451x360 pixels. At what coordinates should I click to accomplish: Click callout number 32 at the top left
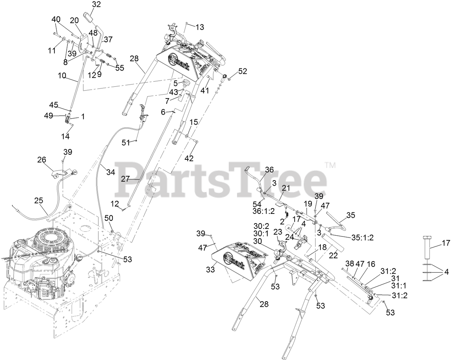pos(86,4)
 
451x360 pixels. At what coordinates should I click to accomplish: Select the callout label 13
pos(200,27)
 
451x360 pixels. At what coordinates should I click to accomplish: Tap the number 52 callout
pos(243,71)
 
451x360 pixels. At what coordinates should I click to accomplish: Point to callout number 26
pos(42,159)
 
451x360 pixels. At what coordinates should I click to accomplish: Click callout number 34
pos(110,172)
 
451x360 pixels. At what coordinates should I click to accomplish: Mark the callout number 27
pos(125,179)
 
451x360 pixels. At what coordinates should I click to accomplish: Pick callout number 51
pos(125,143)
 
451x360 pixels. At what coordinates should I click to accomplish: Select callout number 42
pos(189,158)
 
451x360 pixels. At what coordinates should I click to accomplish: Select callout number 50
pos(109,218)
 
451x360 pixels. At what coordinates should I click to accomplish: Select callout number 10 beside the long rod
pos(62,76)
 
